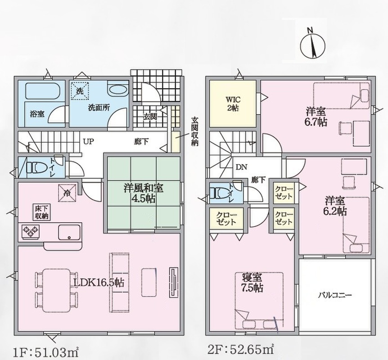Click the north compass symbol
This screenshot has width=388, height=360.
pyautogui.click(x=312, y=45)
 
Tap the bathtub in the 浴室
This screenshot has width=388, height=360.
pyautogui.click(x=43, y=91)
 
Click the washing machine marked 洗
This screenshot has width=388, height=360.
pyautogui.click(x=80, y=90)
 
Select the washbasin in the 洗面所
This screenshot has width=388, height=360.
pyautogui.click(x=118, y=90)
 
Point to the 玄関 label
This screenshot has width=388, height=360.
pyautogui.click(x=150, y=116)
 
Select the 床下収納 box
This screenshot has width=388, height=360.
pyautogui.click(x=41, y=212)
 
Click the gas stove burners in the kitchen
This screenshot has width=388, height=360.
pyautogui.click(x=31, y=231)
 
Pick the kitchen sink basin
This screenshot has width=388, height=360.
pyautogui.click(x=69, y=232)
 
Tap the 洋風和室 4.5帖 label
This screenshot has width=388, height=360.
pyautogui.click(x=143, y=193)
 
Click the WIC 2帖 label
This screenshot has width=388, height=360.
pyautogui.click(x=233, y=104)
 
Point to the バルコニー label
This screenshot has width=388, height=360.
pyautogui.click(x=335, y=295)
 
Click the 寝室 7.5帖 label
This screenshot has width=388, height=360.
pyautogui.click(x=252, y=283)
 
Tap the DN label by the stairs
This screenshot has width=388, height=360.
pyautogui.click(x=241, y=167)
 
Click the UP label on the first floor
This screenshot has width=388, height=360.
pyautogui.click(x=89, y=142)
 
